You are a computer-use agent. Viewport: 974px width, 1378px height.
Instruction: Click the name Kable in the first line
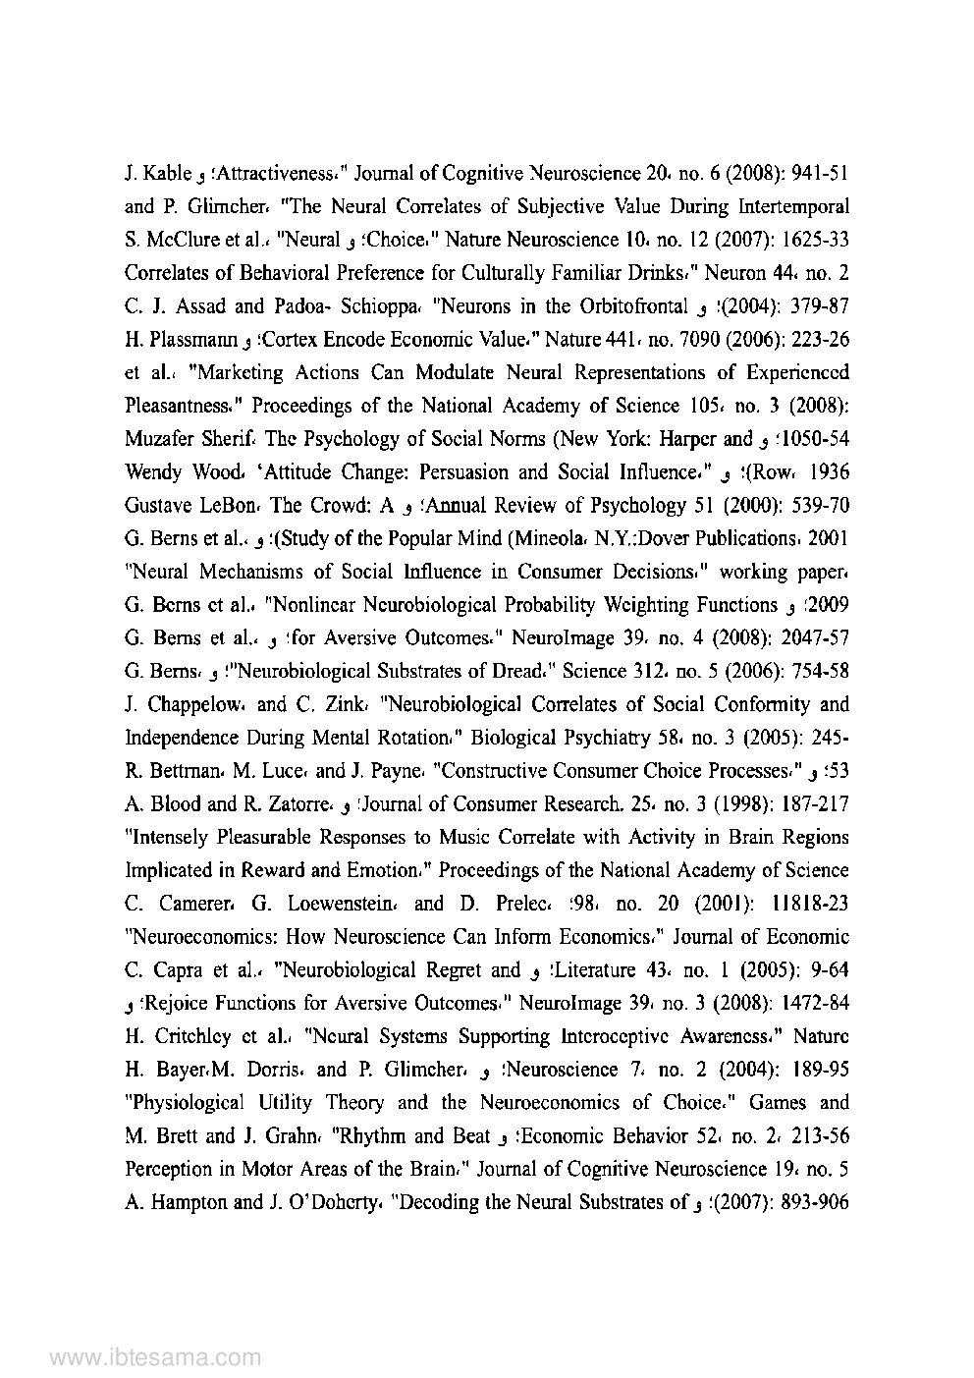coord(167,175)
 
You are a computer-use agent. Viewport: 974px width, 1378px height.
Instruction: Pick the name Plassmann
coord(180,341)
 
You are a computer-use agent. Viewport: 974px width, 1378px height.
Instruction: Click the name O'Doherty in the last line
coord(339,1202)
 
